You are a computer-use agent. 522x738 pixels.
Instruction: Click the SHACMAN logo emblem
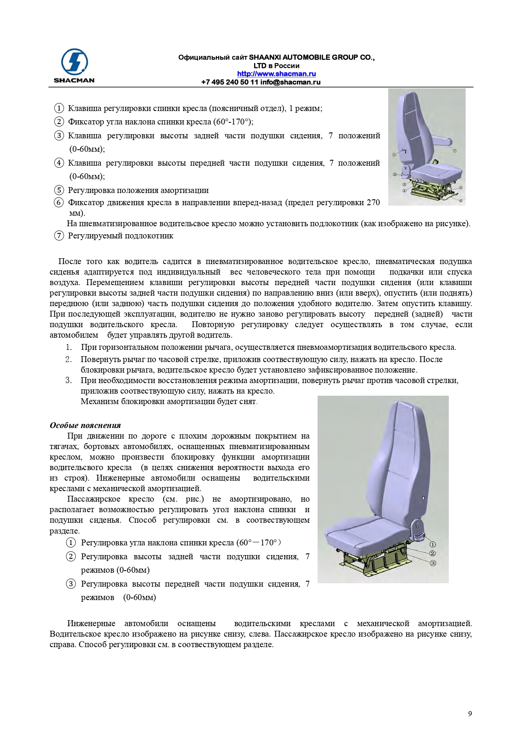(x=74, y=62)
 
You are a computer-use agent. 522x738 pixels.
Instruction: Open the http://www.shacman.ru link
(x=276, y=74)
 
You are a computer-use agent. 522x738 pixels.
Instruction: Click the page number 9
(x=470, y=714)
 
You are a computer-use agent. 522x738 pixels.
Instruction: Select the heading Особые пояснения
(x=85, y=425)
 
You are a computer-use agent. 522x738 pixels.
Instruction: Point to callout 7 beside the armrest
(x=455, y=150)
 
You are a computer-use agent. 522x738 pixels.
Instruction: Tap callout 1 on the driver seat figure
(x=394, y=154)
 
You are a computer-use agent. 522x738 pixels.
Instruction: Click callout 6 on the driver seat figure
(x=461, y=201)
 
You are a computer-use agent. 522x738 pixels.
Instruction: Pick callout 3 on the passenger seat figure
(x=433, y=563)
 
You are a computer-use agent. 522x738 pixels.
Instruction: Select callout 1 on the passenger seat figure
(x=433, y=544)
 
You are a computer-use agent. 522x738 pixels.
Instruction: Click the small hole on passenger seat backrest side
(x=423, y=498)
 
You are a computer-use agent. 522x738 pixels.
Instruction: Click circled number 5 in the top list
(x=59, y=190)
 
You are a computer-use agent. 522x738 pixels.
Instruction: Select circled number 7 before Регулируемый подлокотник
(x=59, y=235)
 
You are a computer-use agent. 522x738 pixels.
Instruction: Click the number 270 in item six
(x=373, y=203)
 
